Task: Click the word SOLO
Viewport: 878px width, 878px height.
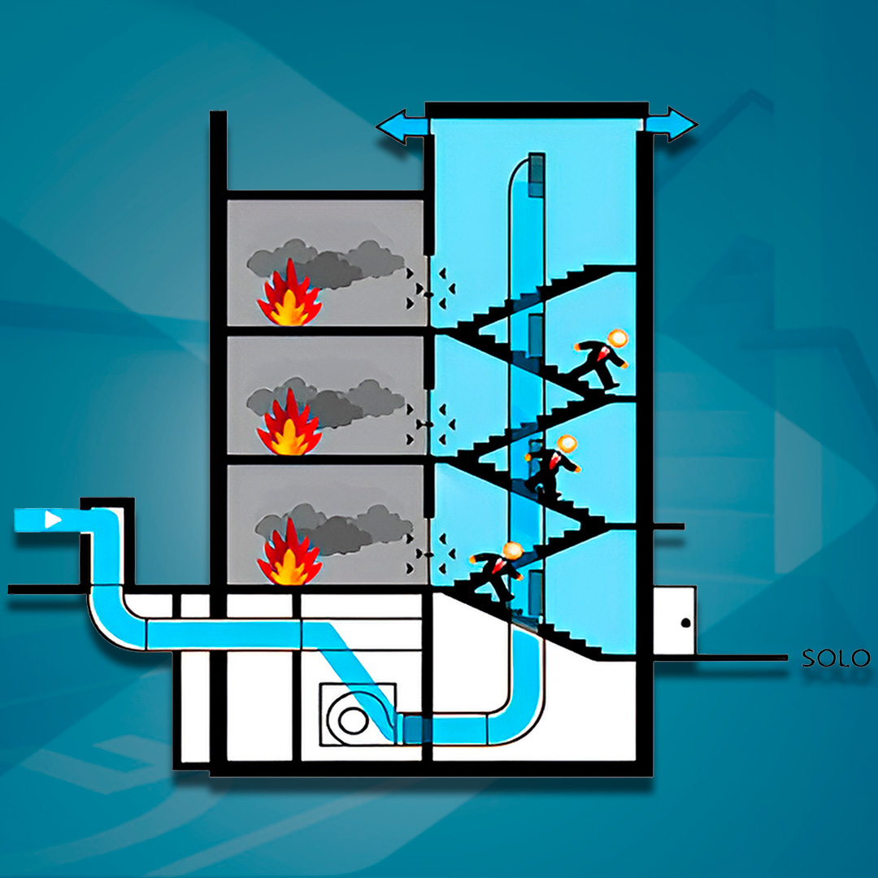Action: pyautogui.click(x=836, y=658)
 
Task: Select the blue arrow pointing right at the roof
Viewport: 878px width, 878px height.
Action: pyautogui.click(x=672, y=124)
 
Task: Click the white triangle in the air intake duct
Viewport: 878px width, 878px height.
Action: pyautogui.click(x=52, y=519)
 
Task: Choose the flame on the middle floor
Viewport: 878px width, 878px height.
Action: pyautogui.click(x=289, y=424)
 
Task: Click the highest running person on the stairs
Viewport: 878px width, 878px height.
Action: pyautogui.click(x=599, y=360)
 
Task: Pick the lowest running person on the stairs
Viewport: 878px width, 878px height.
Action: pyautogui.click(x=498, y=572)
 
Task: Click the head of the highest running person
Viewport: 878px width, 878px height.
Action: pyautogui.click(x=619, y=338)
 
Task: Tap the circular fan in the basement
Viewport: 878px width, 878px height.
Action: pyautogui.click(x=352, y=719)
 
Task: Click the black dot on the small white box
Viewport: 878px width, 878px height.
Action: pyautogui.click(x=685, y=623)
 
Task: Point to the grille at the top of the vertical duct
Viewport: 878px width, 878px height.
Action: pyautogui.click(x=536, y=175)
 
